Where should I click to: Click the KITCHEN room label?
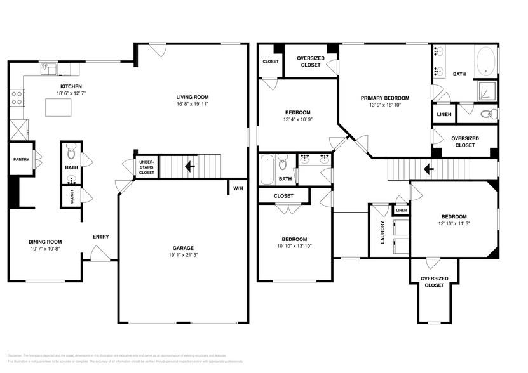point(71,86)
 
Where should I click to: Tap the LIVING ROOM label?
point(192,97)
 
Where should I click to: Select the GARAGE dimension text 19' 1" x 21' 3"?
point(184,256)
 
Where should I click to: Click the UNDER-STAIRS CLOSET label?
point(146,167)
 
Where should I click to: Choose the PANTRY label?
point(20,160)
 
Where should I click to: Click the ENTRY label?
point(100,237)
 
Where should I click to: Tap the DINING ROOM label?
point(44,242)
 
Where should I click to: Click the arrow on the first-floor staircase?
point(189,167)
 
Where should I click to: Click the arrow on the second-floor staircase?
point(430,169)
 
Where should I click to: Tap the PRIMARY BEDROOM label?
point(384,98)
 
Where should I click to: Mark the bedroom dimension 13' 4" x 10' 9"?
point(297,119)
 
